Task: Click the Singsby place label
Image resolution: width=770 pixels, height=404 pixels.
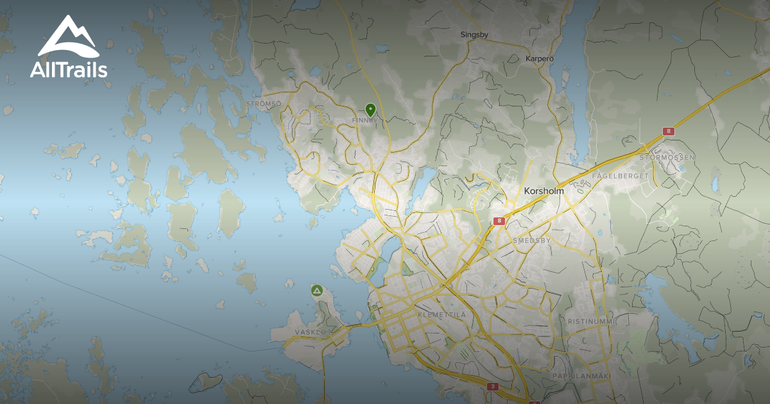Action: [475, 35]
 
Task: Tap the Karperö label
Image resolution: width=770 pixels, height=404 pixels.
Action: [539, 58]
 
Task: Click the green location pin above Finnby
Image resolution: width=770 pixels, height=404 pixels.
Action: [370, 110]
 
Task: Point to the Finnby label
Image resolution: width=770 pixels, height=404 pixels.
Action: [364, 120]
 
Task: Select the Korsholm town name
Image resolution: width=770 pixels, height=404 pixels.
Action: [543, 191]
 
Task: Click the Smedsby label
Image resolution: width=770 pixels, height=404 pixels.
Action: [531, 240]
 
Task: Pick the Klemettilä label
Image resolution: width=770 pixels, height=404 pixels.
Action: [441, 316]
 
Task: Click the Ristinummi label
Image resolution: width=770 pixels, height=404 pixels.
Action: [591, 320]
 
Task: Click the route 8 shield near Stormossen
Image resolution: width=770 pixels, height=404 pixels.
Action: [669, 131]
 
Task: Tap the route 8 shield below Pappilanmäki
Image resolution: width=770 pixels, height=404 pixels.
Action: [493, 387]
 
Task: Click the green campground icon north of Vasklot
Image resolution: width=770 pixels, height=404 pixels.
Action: [316, 290]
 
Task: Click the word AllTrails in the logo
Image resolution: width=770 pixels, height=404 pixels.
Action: [69, 69]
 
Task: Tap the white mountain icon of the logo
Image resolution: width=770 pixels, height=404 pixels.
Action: [68, 37]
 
